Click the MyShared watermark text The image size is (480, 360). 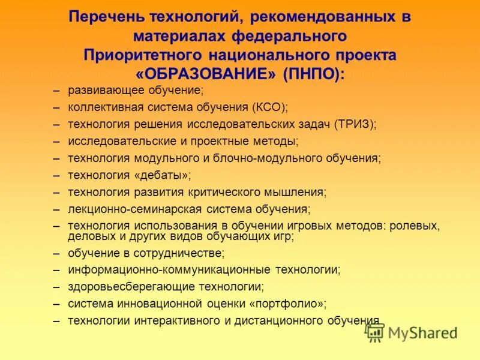tap(422, 333)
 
